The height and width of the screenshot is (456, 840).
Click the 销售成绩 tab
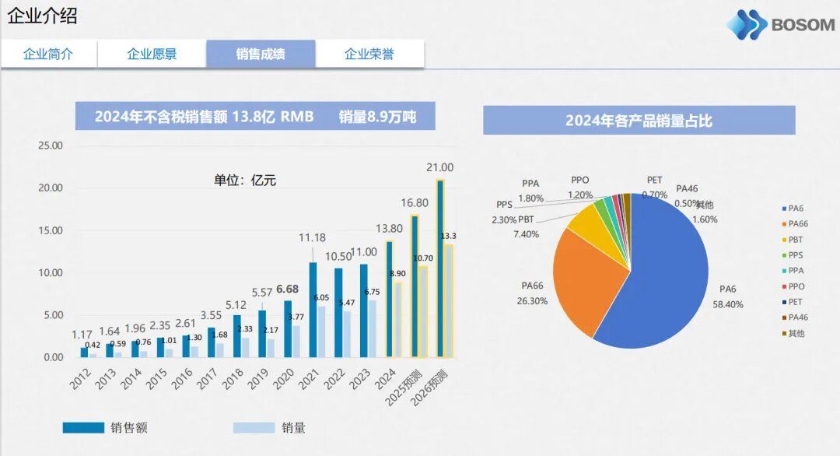261,54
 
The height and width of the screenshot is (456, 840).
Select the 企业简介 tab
48,54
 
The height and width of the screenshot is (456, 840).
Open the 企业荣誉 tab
369,54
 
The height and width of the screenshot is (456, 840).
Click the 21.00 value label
440,167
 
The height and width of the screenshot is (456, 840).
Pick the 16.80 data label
415,202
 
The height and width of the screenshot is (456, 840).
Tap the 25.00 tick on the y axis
51,146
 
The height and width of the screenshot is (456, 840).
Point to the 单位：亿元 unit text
245,181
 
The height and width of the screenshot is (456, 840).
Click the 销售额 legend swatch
83,427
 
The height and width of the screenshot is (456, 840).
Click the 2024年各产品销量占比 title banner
639,121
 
